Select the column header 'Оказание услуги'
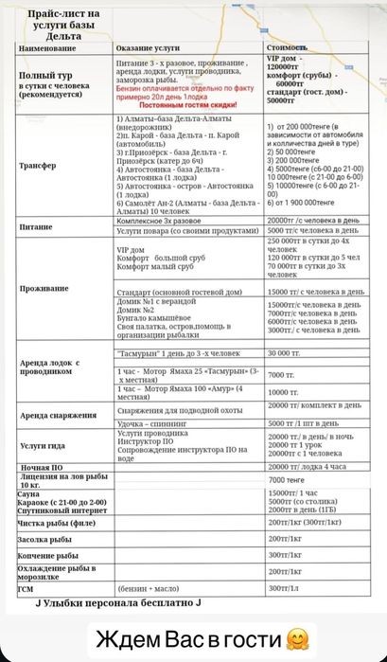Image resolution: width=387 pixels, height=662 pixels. pyautogui.click(x=147, y=46)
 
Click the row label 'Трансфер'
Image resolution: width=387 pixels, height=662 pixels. pyautogui.click(x=37, y=165)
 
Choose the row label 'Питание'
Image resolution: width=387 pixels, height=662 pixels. pyautogui.click(x=35, y=228)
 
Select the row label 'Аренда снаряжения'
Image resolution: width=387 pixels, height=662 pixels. pyautogui.click(x=58, y=415)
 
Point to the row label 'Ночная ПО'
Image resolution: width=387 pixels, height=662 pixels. pyautogui.click(x=42, y=468)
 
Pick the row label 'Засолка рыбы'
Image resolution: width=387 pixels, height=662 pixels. pyautogui.click(x=45, y=539)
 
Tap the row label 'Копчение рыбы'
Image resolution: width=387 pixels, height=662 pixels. pyautogui.click(x=47, y=555)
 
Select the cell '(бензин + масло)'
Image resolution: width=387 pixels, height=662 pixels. pyautogui.click(x=150, y=587)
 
